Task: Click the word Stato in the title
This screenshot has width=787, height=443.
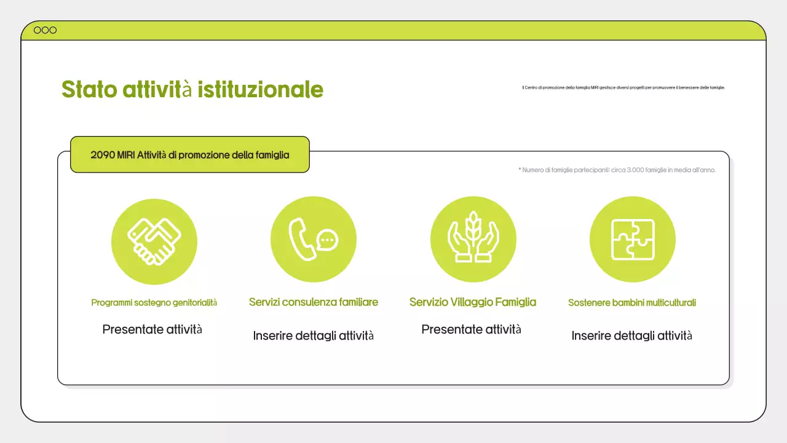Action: click(x=89, y=89)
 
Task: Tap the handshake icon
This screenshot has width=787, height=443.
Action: click(x=154, y=241)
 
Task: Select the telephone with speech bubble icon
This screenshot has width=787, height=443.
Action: click(x=314, y=239)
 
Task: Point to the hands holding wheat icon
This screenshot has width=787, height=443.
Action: click(x=473, y=239)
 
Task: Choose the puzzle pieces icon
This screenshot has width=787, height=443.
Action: click(x=632, y=239)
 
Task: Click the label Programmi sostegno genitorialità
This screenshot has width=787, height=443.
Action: click(x=154, y=303)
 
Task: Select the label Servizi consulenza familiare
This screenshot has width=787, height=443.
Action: click(x=314, y=302)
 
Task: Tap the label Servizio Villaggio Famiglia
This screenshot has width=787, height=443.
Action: click(x=473, y=302)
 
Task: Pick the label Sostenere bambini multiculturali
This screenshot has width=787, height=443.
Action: click(x=632, y=303)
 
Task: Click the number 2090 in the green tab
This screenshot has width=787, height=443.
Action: click(x=102, y=155)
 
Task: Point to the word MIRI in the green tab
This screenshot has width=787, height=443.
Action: click(x=126, y=155)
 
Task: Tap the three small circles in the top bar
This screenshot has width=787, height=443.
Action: click(x=45, y=30)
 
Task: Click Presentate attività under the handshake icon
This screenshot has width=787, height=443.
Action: click(x=152, y=329)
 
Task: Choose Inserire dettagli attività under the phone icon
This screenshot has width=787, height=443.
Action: click(x=314, y=336)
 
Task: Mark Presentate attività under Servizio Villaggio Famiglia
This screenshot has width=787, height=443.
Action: click(x=471, y=329)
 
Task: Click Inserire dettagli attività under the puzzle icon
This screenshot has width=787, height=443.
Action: click(x=632, y=336)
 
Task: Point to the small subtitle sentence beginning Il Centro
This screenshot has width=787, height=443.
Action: click(x=623, y=88)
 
